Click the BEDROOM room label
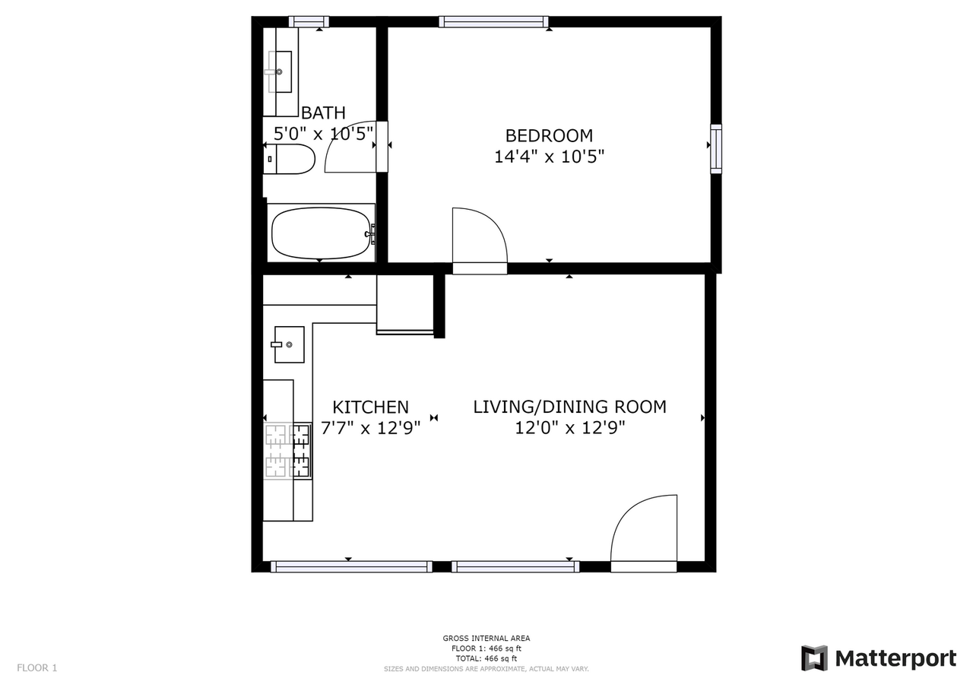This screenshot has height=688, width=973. pos(549,136)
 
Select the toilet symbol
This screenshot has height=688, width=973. pos(290,159)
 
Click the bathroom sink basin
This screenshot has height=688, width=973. pos(280,71)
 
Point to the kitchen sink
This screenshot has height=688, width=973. pos(289,344)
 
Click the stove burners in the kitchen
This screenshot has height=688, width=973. pos(287,451)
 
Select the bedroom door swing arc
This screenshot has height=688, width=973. pos(480,236)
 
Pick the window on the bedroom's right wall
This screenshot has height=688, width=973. pos(715,149)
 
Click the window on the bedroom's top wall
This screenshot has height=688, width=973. pos(493,21)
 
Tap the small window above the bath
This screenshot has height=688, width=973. pos(309,21)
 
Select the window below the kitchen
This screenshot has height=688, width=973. pos(351,566)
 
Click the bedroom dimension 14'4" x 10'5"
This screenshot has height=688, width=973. pos(549,157)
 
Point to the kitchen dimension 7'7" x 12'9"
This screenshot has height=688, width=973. pos(370,428)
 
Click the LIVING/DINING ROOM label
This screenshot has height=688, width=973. pos(569,407)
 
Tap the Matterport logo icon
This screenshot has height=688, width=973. pos(814,658)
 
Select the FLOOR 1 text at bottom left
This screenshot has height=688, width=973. pos(36,668)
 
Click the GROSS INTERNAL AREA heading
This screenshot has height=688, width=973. pos(486,639)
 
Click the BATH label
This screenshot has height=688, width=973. pos(323,113)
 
